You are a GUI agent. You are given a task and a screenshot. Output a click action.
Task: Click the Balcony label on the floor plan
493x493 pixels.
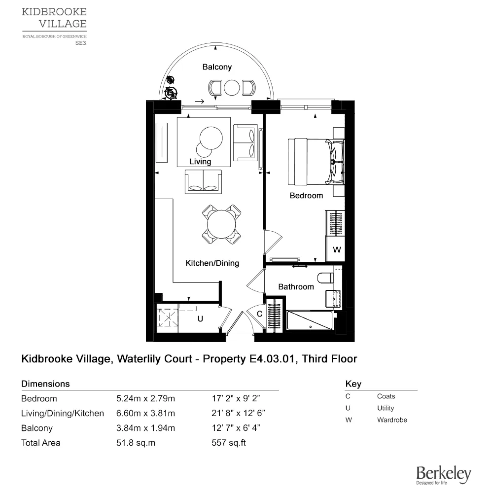(x=217, y=67)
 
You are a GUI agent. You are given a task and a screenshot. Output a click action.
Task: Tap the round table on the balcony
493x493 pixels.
(x=232, y=88)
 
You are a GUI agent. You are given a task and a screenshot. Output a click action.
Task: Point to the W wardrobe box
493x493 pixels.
(x=337, y=250)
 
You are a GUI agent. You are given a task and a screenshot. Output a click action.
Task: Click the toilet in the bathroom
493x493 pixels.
(x=324, y=278)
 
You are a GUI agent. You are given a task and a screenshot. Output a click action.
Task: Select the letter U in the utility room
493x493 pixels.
(x=200, y=319)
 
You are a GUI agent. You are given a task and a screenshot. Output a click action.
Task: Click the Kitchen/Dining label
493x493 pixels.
(x=212, y=263)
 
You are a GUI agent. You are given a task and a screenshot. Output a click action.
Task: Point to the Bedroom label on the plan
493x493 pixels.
(x=306, y=196)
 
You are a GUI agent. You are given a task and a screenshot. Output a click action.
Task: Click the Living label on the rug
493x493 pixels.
(x=200, y=162)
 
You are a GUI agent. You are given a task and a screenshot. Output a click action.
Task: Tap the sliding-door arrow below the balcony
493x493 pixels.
(x=200, y=102)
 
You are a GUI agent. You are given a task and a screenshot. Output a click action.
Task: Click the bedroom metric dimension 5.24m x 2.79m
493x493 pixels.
(x=145, y=398)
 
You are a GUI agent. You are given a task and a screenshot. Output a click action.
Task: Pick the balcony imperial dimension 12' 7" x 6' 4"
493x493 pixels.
(x=235, y=428)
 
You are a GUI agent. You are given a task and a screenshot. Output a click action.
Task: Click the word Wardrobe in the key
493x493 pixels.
(x=392, y=420)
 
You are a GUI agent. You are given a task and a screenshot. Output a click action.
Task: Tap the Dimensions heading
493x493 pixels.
(x=45, y=384)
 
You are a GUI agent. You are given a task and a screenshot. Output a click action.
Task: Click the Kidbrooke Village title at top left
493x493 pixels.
(x=54, y=17)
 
